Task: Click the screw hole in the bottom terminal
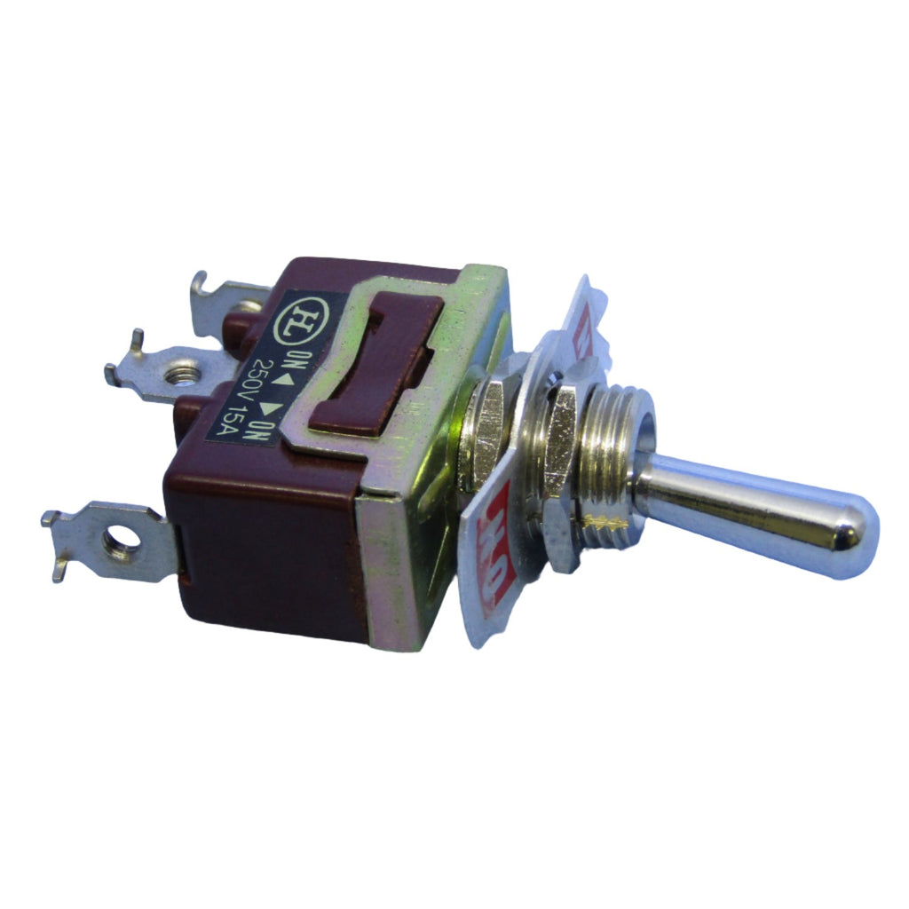tap(117, 540)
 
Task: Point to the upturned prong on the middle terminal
tap(135, 337)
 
